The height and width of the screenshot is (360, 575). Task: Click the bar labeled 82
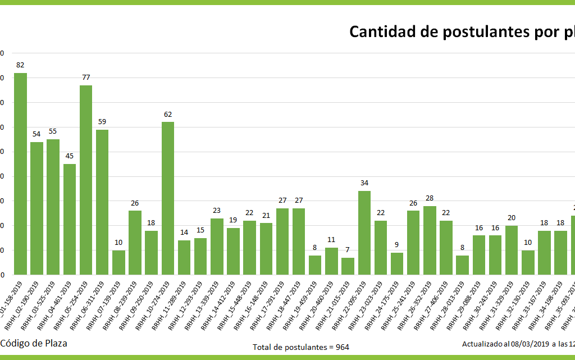[x=20, y=174]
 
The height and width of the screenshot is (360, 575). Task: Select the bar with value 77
[x=86, y=180]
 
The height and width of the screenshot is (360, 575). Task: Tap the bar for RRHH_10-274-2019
[x=168, y=198]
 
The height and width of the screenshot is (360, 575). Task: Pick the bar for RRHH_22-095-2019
[x=364, y=233]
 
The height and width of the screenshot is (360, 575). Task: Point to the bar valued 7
[x=348, y=266]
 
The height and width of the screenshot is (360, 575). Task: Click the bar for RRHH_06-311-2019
[x=102, y=202]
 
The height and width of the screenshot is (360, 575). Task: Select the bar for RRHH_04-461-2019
[x=70, y=219]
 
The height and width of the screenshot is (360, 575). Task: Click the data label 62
[x=168, y=115]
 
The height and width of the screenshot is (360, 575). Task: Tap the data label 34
[x=364, y=183]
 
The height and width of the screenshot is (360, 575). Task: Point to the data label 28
[x=430, y=198]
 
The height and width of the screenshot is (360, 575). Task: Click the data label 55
[x=53, y=131]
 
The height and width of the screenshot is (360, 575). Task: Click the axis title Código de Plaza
[x=33, y=343]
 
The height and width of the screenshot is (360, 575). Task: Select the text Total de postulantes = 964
[x=301, y=347]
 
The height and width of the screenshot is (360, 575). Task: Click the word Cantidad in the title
[x=382, y=31]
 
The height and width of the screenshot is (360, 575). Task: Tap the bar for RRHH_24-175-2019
[x=397, y=263]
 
